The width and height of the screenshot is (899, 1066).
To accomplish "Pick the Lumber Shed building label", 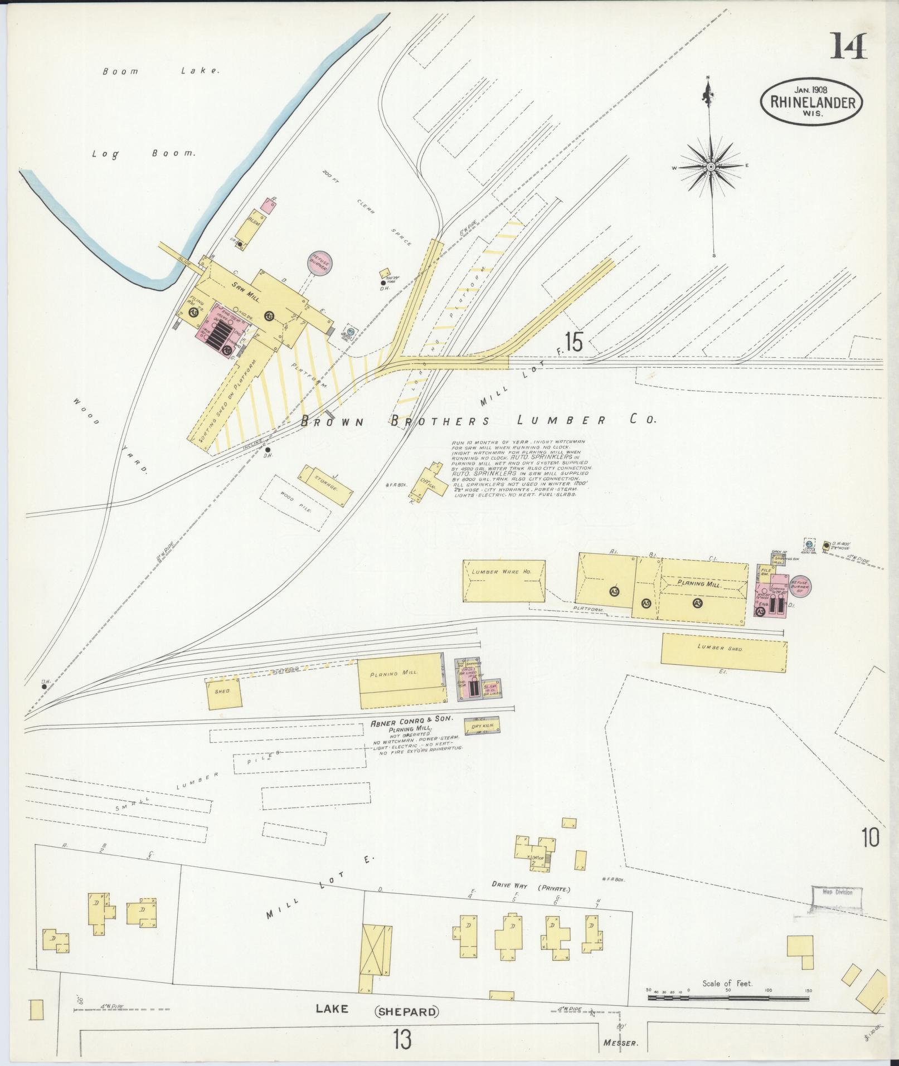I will coord(723,648).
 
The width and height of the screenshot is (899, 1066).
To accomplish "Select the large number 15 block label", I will coord(574,342).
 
